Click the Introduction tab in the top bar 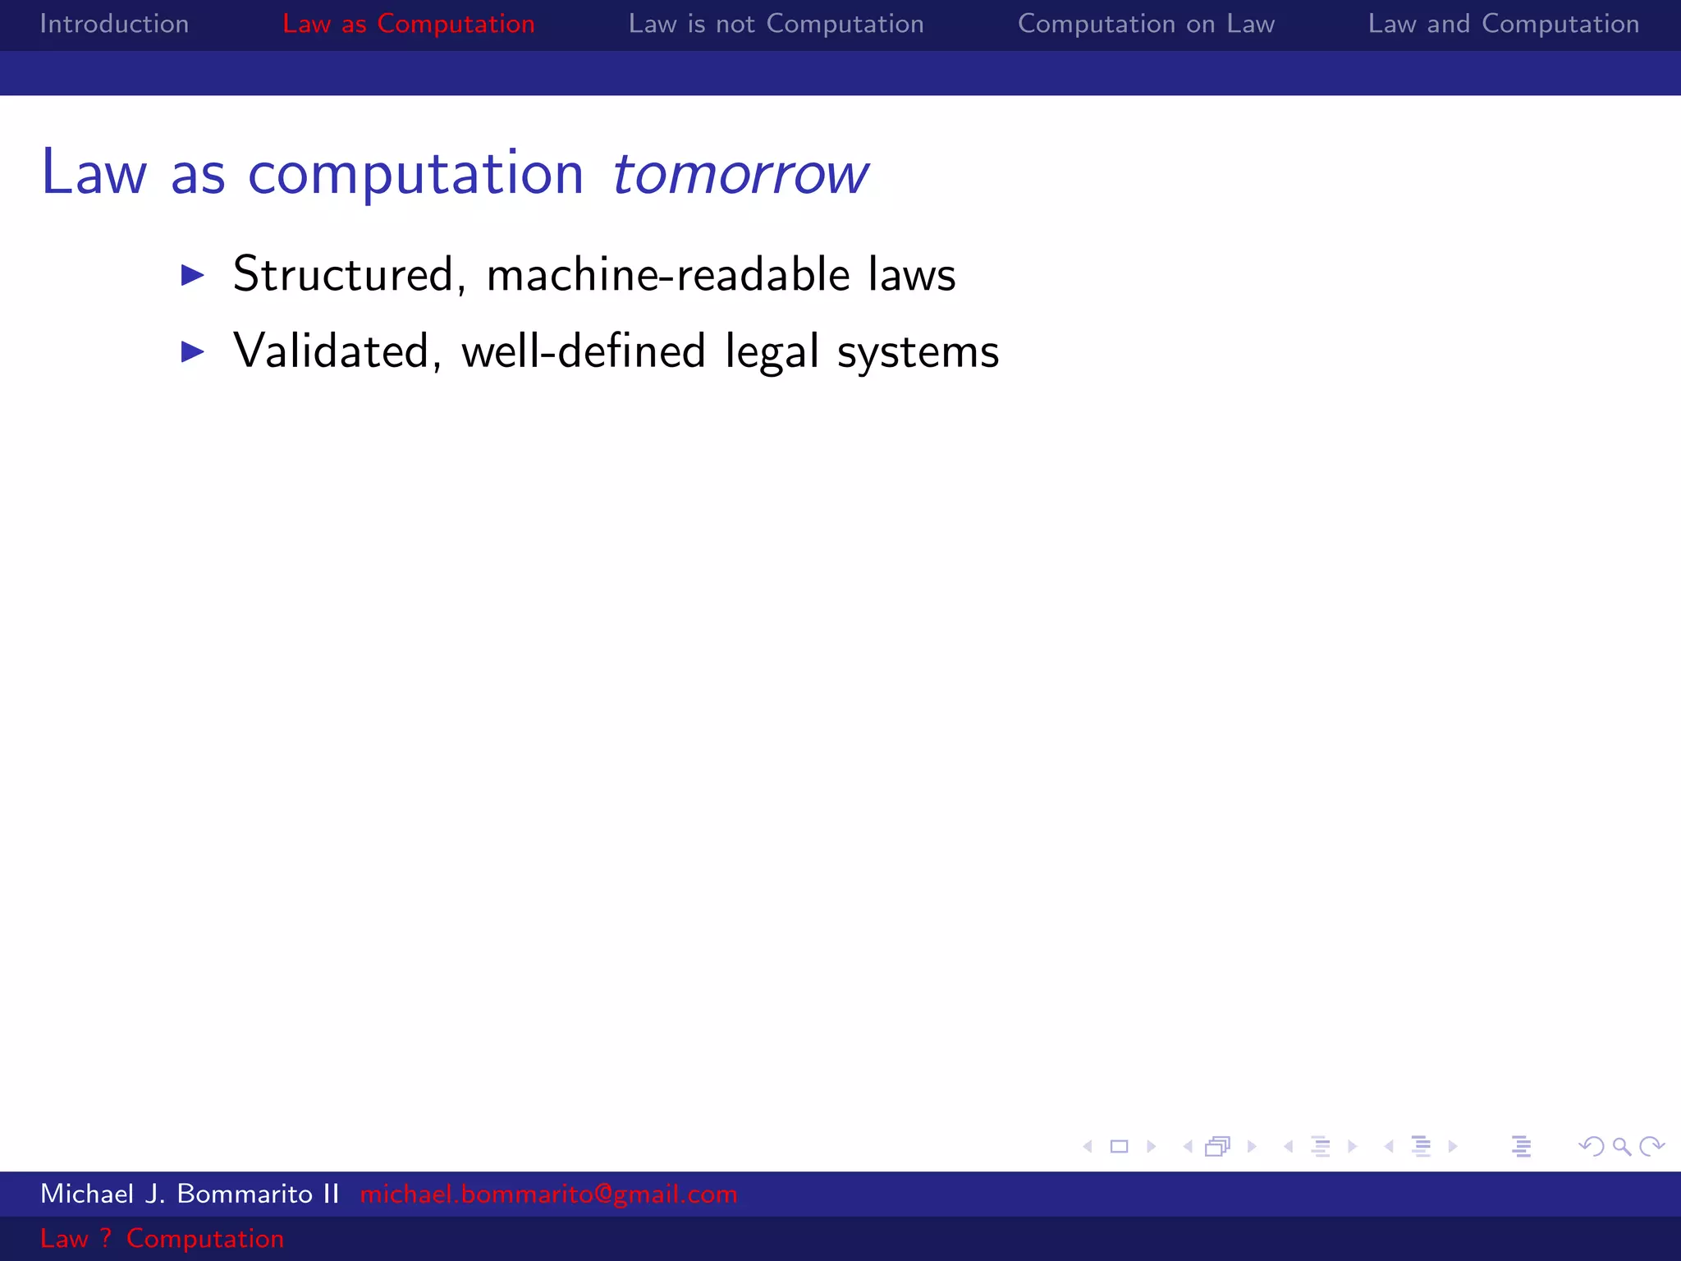tap(114, 24)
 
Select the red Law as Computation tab tap(408, 24)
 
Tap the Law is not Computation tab tap(776, 24)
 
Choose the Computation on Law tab tap(1146, 24)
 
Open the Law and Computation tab tap(1503, 24)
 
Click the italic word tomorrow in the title tap(740, 174)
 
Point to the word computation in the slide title tap(415, 174)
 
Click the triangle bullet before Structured tap(192, 274)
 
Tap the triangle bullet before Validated tap(192, 351)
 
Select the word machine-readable tap(667, 274)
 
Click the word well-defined tap(583, 351)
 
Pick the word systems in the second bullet tap(918, 353)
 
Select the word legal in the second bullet tap(772, 353)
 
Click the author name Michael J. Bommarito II tap(190, 1194)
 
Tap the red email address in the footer tap(548, 1194)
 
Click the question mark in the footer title tap(106, 1238)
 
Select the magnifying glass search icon tap(1621, 1146)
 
